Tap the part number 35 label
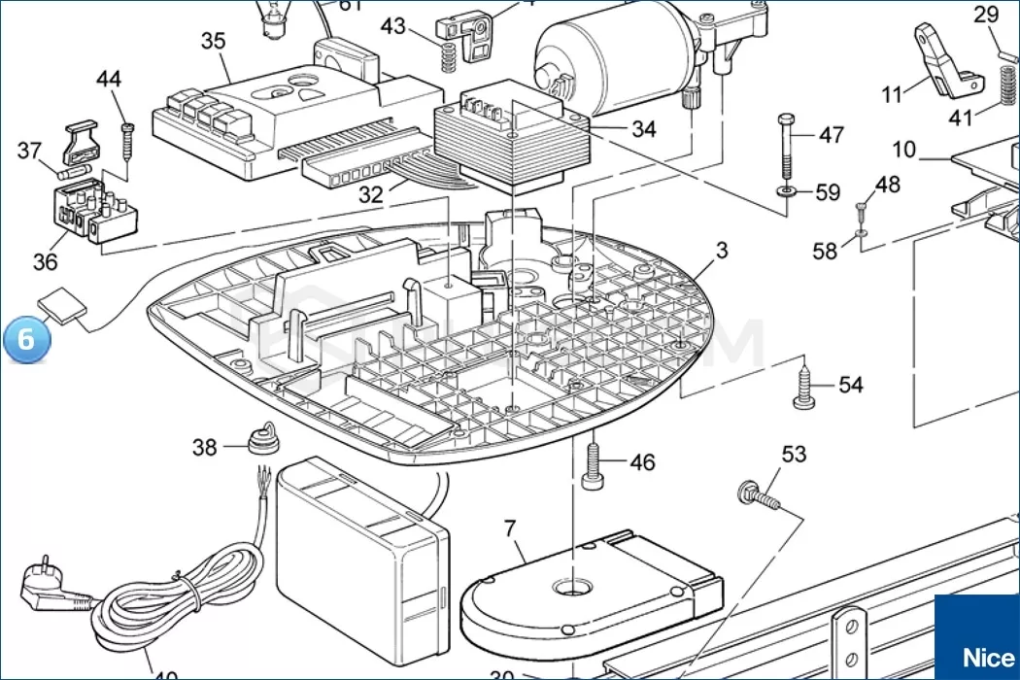pyautogui.click(x=213, y=41)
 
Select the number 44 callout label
pyautogui.click(x=109, y=79)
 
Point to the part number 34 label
pyautogui.click(x=643, y=129)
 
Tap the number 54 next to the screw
pyautogui.click(x=850, y=386)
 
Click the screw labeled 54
pyautogui.click(x=805, y=386)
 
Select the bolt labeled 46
pyautogui.click(x=592, y=465)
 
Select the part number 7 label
pyautogui.click(x=510, y=529)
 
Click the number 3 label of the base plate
pyautogui.click(x=722, y=250)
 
